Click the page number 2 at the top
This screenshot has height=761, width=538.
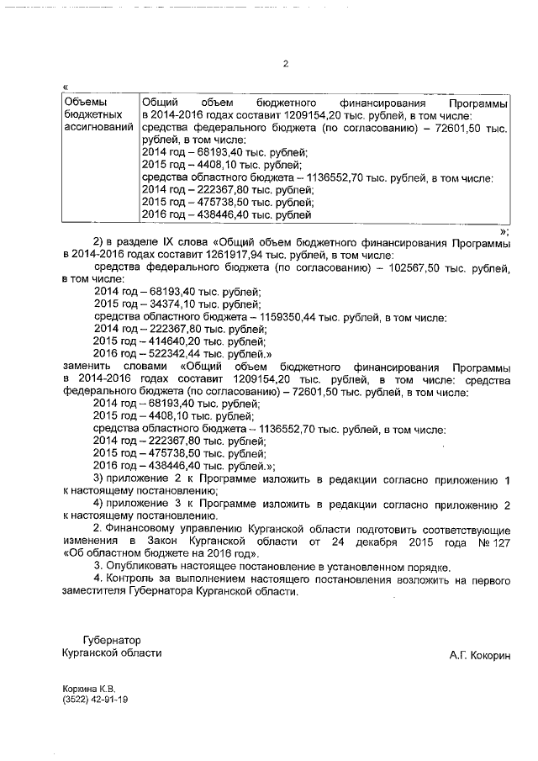[x=286, y=63]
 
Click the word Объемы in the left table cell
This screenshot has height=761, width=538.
[x=83, y=102]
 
